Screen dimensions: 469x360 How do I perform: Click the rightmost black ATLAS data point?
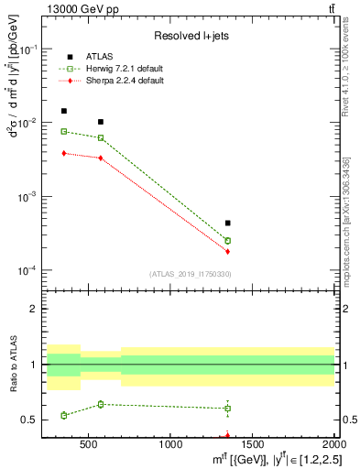pyautogui.click(x=227, y=223)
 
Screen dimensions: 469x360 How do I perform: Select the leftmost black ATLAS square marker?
pyautogui.click(x=63, y=111)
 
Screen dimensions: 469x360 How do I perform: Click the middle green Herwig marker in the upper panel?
pyautogui.click(x=101, y=138)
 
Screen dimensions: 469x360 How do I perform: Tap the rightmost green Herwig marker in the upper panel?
pyautogui.click(x=227, y=241)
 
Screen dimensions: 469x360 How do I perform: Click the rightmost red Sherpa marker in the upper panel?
pyautogui.click(x=227, y=251)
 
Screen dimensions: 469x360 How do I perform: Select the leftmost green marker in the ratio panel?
pyautogui.click(x=63, y=415)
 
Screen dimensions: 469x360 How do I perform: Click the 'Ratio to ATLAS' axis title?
pyautogui.click(x=12, y=365)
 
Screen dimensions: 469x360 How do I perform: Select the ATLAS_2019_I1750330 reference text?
pyautogui.click(x=190, y=273)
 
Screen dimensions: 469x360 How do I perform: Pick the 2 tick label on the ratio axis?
pyautogui.click(x=36, y=309)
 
